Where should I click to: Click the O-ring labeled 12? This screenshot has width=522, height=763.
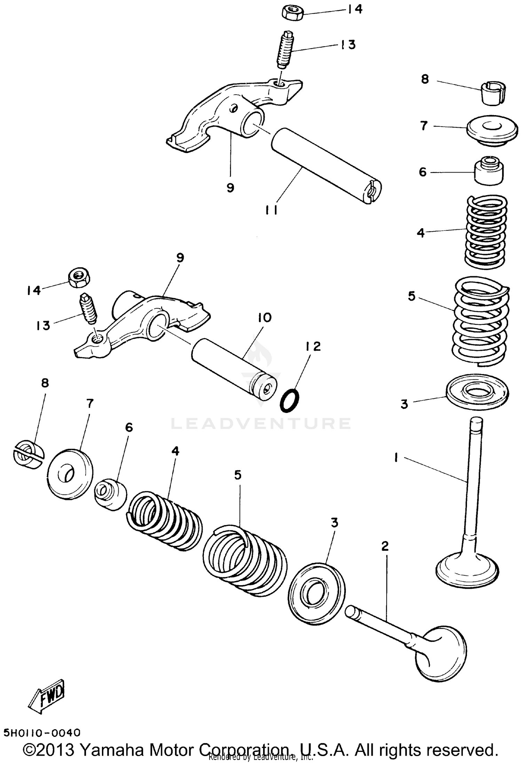(289, 401)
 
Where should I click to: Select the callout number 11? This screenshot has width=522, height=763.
(271, 210)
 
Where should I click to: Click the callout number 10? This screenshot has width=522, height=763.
(264, 318)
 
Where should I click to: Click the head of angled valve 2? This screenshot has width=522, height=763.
(442, 653)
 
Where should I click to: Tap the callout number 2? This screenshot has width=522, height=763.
(385, 546)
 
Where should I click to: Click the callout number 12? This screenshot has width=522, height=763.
(313, 347)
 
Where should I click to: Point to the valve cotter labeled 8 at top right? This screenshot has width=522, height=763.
(493, 92)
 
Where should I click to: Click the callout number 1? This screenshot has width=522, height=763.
(396, 458)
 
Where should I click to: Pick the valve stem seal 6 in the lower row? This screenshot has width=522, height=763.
(111, 494)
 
